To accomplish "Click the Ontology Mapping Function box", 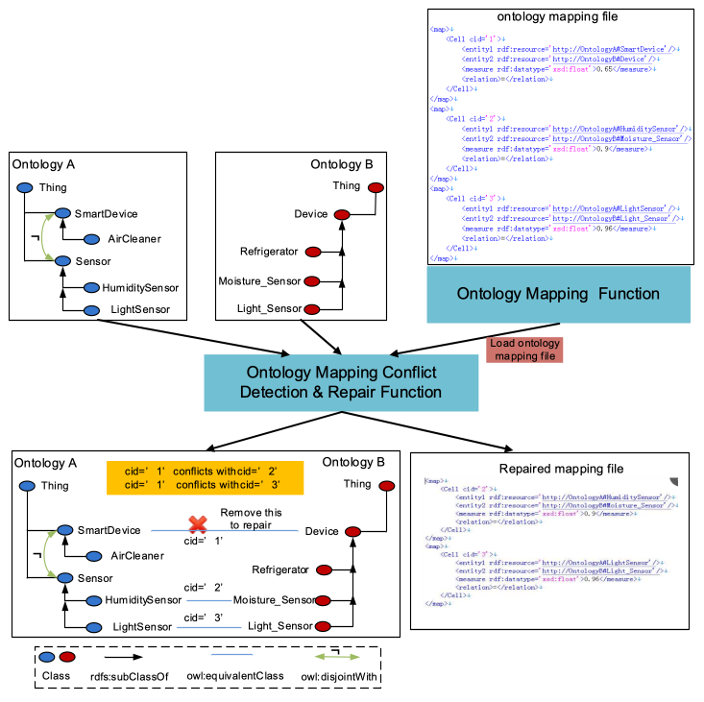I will (558, 294).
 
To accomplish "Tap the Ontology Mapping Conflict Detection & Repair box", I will (340, 382).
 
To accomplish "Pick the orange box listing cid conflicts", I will (205, 477).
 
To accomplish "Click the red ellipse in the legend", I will (68, 657).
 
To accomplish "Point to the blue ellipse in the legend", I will (47, 657).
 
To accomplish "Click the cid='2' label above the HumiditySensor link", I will (204, 587).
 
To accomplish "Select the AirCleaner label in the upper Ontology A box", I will (134, 239).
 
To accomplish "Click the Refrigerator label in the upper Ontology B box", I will (269, 253).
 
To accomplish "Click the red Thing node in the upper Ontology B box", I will (376, 187).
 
